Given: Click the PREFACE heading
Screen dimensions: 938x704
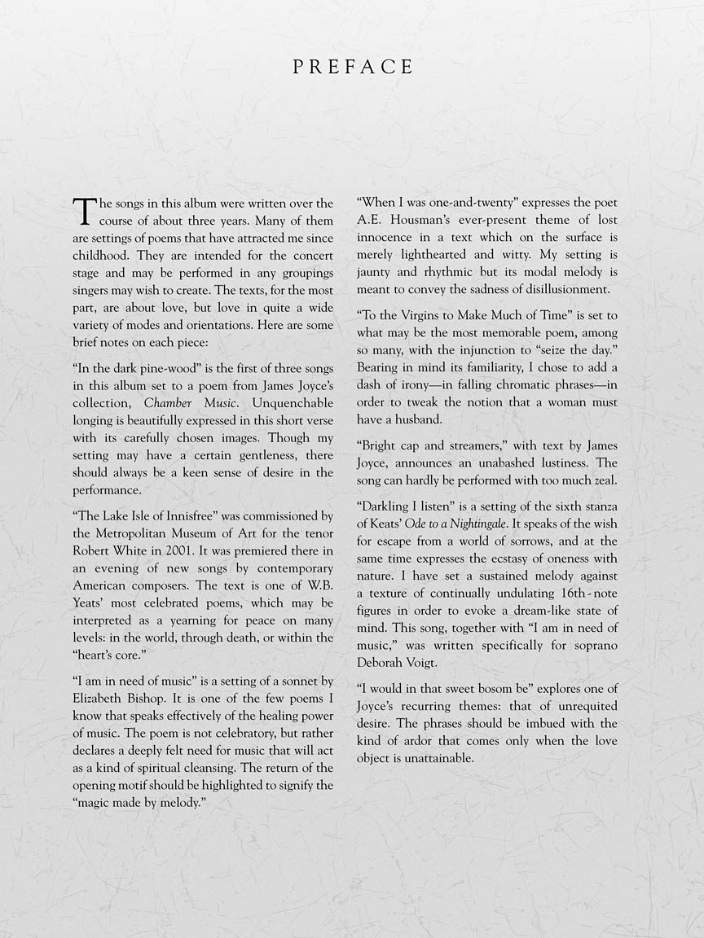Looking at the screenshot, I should (x=352, y=68).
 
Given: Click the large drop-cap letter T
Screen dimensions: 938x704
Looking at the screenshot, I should (x=85, y=210).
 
